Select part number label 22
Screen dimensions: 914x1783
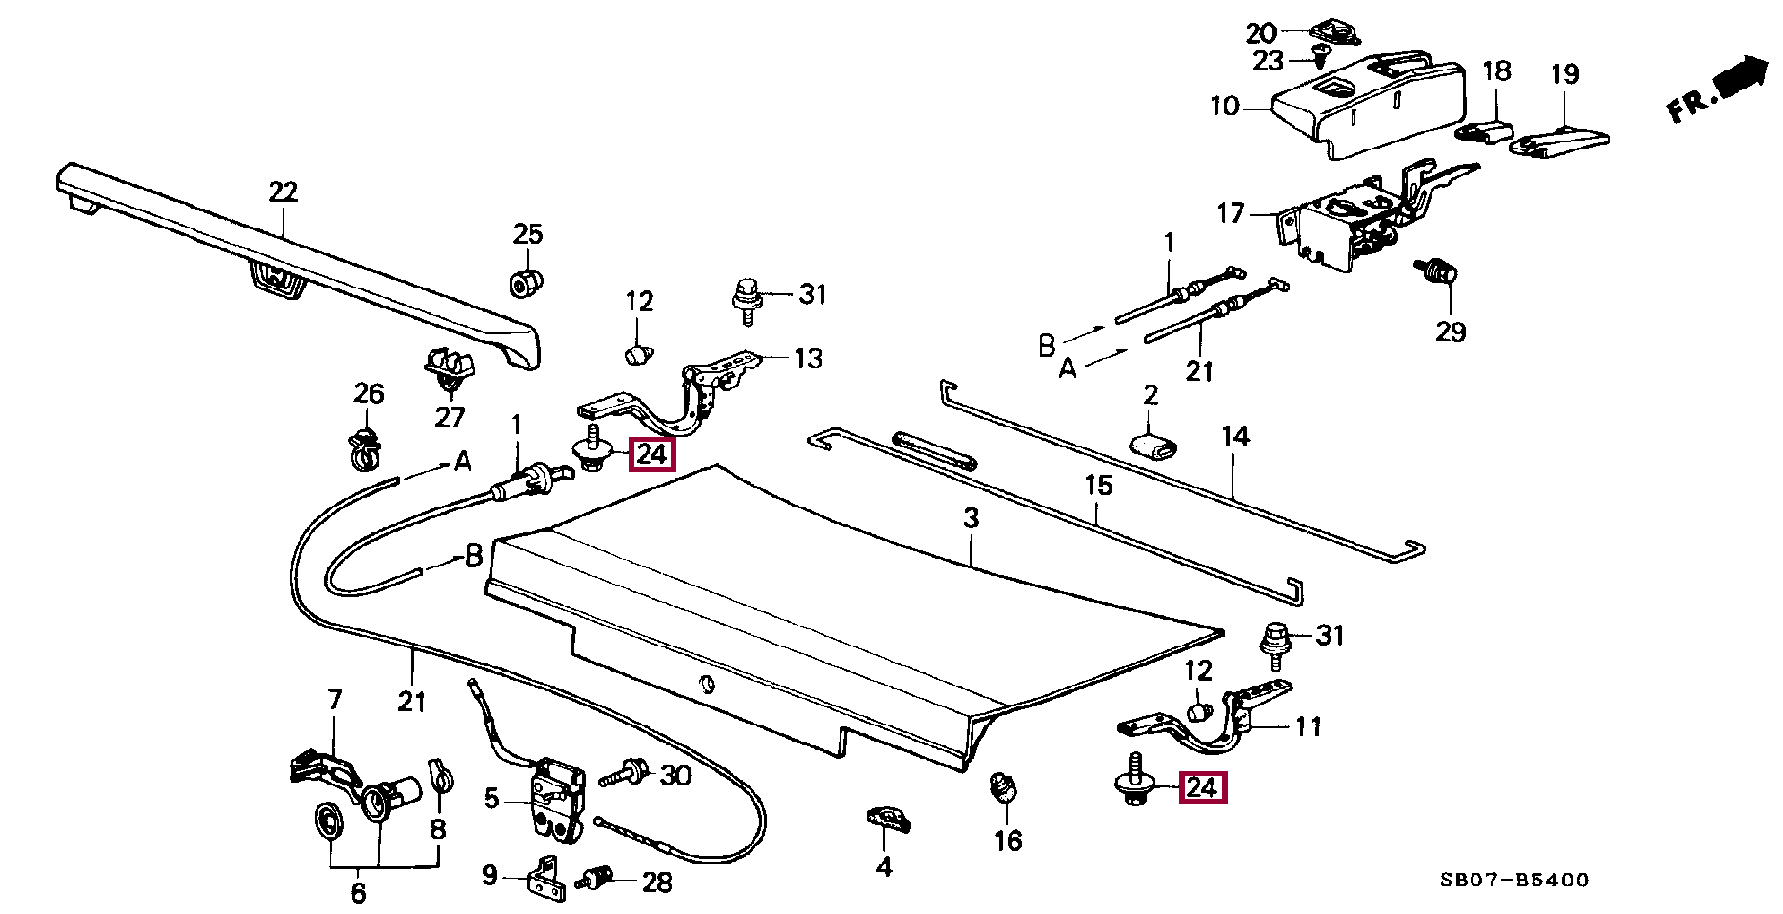tap(283, 191)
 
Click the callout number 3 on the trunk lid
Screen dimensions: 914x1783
tap(971, 519)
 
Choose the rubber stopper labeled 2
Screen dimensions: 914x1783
tap(1152, 444)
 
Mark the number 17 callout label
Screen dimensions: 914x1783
tap(1231, 212)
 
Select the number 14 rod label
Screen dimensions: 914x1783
tap(1234, 436)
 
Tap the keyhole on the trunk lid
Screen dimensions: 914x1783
tap(705, 684)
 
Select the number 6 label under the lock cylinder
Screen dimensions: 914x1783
tap(358, 893)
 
